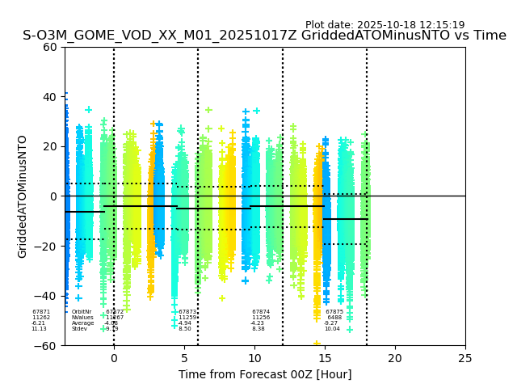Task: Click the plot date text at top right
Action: [385, 25]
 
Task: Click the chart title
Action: [264, 36]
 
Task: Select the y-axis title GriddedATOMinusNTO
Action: [23, 196]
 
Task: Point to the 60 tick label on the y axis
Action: [50, 47]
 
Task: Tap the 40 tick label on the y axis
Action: [50, 97]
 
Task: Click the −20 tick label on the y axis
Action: [47, 247]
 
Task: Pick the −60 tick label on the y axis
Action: [47, 346]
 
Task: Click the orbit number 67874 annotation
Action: [261, 312]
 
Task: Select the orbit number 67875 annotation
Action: [334, 312]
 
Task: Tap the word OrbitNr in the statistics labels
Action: [82, 312]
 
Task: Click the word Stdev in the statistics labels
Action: [79, 329]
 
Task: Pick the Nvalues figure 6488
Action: [334, 318]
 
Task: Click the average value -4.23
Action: [258, 323]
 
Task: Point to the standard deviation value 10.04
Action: [332, 329]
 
